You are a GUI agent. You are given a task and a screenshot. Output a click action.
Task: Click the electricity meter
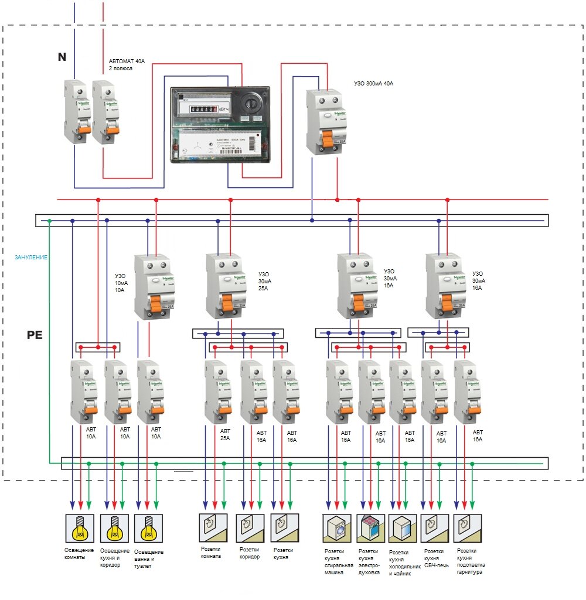point(220,125)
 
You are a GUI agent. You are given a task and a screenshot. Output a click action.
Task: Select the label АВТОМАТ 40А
point(127,64)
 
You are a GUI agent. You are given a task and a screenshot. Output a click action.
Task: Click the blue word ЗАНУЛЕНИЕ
point(31,257)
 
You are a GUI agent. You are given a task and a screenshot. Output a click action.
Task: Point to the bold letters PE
point(35,335)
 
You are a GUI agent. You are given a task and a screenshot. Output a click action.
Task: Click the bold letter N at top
point(62,57)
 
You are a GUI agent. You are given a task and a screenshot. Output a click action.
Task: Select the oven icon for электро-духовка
point(370,529)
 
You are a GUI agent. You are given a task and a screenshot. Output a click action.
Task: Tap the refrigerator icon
point(403,529)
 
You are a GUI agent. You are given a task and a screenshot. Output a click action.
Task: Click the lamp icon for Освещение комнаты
point(79,529)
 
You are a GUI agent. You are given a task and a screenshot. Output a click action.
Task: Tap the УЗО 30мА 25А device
point(223,286)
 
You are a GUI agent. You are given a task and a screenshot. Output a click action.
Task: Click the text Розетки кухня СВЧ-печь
point(434,558)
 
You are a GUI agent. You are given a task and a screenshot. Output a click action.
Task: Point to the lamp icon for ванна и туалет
point(148,529)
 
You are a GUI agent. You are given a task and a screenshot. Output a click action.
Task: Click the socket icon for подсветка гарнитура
point(467,529)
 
